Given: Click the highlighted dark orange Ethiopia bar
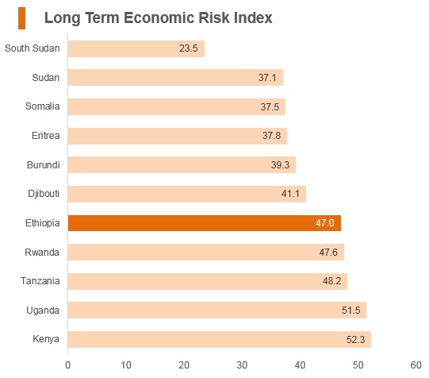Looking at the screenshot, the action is pyautogui.click(x=205, y=223).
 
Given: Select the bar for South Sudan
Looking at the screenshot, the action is pyautogui.click(x=136, y=48).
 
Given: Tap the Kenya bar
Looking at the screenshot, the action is pyautogui.click(x=220, y=339).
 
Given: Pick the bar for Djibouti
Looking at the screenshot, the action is pyautogui.click(x=187, y=194).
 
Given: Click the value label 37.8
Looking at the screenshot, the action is pyautogui.click(x=271, y=136).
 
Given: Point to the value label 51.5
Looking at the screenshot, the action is pyautogui.click(x=350, y=310).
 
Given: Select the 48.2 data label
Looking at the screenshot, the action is pyautogui.click(x=331, y=281).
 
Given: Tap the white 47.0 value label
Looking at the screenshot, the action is pyautogui.click(x=325, y=223).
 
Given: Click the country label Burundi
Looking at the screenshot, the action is pyautogui.click(x=44, y=165).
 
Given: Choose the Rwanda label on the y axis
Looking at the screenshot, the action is pyautogui.click(x=42, y=253).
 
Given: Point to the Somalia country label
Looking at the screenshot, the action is pyautogui.click(x=42, y=106).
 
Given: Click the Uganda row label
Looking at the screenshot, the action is pyautogui.click(x=43, y=310).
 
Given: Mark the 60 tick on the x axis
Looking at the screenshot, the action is pyautogui.click(x=416, y=365).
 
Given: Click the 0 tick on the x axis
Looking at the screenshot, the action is pyautogui.click(x=68, y=365).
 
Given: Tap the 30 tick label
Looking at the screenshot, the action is pyautogui.click(x=242, y=365).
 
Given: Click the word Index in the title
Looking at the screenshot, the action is pyautogui.click(x=253, y=17).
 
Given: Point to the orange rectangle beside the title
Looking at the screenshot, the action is pyautogui.click(x=22, y=18).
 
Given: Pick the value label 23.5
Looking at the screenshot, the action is pyautogui.click(x=188, y=48).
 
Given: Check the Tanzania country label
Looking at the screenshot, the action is pyautogui.click(x=40, y=281).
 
